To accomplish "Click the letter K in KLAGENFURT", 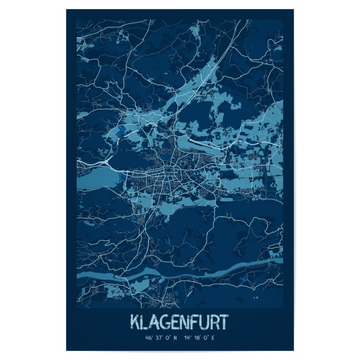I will tap(136, 321).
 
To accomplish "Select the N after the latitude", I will tap(175, 338).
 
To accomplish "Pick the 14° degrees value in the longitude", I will tap(189, 338).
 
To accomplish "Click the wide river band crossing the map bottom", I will tap(180, 272).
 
